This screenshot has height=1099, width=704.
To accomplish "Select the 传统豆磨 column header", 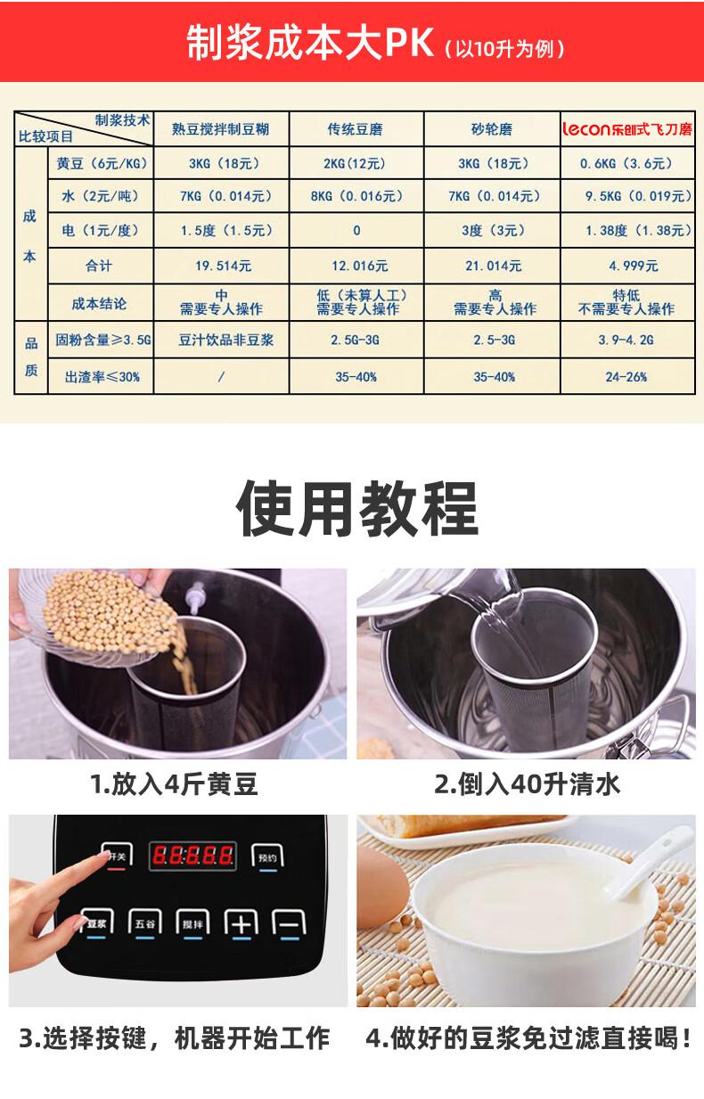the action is click(356, 129).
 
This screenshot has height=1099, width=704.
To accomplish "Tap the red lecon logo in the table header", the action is click(586, 129).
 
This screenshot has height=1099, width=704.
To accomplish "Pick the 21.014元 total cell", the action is click(493, 266).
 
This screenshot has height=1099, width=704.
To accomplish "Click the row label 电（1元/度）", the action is click(100, 231).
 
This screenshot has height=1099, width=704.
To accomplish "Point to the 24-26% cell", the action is click(626, 377).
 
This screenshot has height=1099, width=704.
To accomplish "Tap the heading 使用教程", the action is click(357, 508).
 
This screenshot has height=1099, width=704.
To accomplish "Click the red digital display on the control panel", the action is click(192, 856).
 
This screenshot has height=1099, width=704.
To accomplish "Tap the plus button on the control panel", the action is click(241, 923).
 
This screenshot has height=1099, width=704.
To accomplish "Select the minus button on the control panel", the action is click(290, 923).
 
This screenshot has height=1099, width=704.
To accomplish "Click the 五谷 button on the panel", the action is click(144, 923).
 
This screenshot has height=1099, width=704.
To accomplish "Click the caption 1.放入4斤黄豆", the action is click(175, 783).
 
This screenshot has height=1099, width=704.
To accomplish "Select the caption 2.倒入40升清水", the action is click(527, 783).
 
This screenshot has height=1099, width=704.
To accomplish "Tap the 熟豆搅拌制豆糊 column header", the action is click(220, 129).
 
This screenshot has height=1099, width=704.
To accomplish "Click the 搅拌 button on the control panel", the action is click(192, 923).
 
